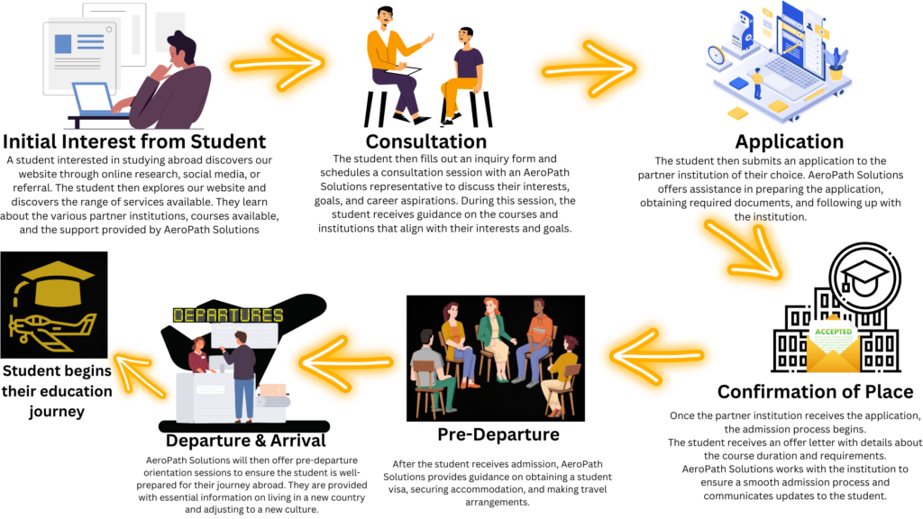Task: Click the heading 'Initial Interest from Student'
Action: coord(134,141)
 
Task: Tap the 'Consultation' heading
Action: coord(425,141)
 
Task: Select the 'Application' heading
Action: coord(789,141)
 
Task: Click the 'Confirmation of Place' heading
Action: coord(815,392)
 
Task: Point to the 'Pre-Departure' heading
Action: coord(498,435)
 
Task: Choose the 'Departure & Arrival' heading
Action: coord(245,441)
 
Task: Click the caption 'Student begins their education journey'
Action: coord(56,391)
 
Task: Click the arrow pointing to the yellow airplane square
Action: coord(135,364)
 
